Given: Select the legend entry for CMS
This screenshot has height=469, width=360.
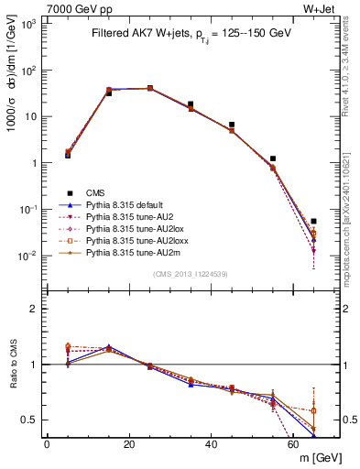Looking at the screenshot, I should pyautogui.click(x=95, y=191).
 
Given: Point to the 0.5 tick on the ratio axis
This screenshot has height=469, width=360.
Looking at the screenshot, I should pyautogui.click(x=27, y=420).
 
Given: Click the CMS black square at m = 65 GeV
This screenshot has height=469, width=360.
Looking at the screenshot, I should pyautogui.click(x=313, y=221).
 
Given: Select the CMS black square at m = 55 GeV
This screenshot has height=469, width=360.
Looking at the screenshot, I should pyautogui.click(x=272, y=158).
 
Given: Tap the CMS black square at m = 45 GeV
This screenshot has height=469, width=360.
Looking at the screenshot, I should pyautogui.click(x=232, y=125).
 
